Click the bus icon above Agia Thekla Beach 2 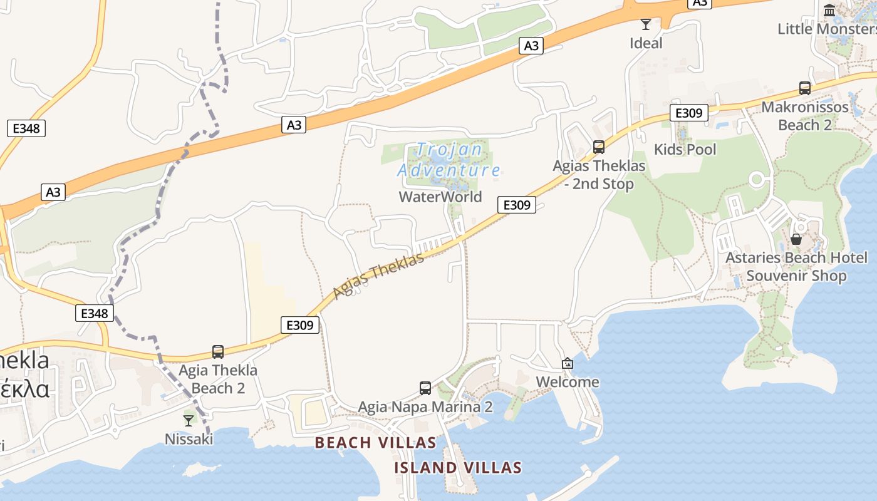point(218,352)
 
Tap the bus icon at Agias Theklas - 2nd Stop point(599,147)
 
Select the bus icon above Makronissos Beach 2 point(805,88)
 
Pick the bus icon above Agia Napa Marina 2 point(425,388)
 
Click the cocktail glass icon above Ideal point(646,24)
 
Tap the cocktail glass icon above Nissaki point(189,420)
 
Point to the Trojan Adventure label point(449,160)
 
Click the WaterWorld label point(440,197)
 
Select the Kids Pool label point(685,149)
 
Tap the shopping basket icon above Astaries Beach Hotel point(796,239)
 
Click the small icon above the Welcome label point(568,363)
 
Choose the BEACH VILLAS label point(375,443)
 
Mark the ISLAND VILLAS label point(458,468)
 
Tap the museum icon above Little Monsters point(830,10)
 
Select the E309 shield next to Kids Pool point(689,113)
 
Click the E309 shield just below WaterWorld point(517,205)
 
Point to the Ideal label point(646,43)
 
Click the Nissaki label point(189,439)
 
